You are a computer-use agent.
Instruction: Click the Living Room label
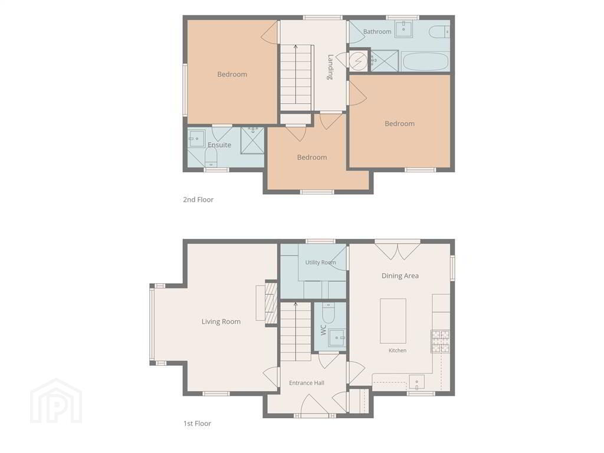tap(221, 321)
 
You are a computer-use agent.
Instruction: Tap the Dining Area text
tap(400, 276)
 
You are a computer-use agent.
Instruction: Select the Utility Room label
tap(320, 262)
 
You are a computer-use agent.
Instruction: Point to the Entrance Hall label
tap(307, 383)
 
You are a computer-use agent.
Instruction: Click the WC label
tap(323, 330)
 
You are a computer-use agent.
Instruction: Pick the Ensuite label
tap(219, 145)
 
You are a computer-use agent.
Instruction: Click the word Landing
tap(330, 67)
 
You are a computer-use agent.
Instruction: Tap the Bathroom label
tap(377, 32)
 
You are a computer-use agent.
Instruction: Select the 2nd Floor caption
tap(198, 199)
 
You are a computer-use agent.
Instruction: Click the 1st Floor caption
tap(197, 424)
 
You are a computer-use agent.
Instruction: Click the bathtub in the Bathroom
tap(425, 61)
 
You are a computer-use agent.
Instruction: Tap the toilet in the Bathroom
tap(439, 32)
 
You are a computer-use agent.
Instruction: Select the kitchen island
tap(393, 321)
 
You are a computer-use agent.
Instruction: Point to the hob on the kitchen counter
tap(440, 342)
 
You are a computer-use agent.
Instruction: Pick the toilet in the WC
tap(328, 313)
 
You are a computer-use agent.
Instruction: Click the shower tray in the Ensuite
tap(252, 140)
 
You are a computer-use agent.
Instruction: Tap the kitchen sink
tap(417, 382)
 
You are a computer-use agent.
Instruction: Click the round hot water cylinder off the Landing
tap(359, 60)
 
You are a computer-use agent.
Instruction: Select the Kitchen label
tap(398, 350)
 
